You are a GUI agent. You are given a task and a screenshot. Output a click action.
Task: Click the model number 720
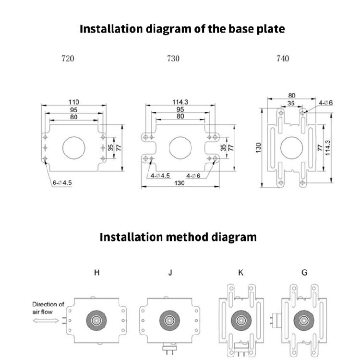(68, 59)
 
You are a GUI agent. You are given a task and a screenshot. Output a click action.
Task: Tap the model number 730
(173, 59)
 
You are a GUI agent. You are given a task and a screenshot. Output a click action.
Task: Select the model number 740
(283, 59)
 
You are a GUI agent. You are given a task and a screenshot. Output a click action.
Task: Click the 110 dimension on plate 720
(73, 102)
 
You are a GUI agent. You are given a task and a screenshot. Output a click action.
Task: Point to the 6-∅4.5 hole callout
(62, 183)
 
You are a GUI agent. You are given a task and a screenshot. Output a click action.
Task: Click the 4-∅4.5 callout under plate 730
(161, 176)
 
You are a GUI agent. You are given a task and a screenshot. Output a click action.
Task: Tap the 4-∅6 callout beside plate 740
(325, 103)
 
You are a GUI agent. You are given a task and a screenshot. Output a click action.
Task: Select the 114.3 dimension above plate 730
(180, 102)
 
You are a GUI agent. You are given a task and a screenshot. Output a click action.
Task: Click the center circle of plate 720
(73, 146)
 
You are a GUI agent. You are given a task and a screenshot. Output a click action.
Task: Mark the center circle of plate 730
(180, 146)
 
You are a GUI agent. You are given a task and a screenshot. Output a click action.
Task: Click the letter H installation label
(97, 273)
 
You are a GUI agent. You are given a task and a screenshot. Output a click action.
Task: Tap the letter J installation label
(170, 273)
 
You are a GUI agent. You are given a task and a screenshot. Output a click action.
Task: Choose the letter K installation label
(241, 273)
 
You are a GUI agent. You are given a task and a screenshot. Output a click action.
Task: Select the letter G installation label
(304, 273)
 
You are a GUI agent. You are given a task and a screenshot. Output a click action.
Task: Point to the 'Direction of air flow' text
(48, 308)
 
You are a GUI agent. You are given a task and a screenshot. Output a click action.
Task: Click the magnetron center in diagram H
(96, 321)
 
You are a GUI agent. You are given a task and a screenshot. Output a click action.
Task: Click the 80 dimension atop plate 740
(291, 96)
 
